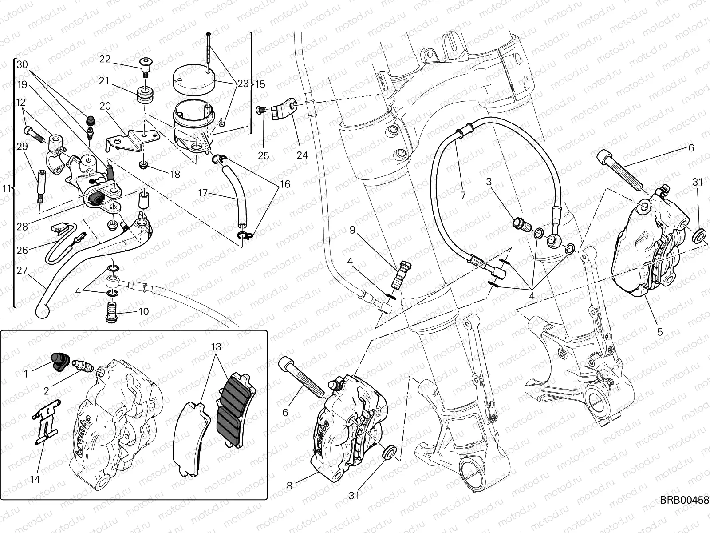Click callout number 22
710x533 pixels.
pyautogui.click(x=105, y=59)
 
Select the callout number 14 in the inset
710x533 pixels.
pyautogui.click(x=35, y=479)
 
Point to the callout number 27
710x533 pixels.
pyautogui.click(x=22, y=270)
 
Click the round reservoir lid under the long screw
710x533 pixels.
pyautogui.click(x=193, y=78)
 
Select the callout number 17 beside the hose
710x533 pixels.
pyautogui.click(x=203, y=193)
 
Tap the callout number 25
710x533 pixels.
pyautogui.click(x=264, y=156)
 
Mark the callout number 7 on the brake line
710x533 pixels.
pyautogui.click(x=463, y=195)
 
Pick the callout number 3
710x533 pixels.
pyautogui.click(x=489, y=181)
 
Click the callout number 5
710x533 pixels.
pyautogui.click(x=660, y=331)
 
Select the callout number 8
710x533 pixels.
pyautogui.click(x=289, y=486)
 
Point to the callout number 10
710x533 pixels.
pyautogui.click(x=143, y=312)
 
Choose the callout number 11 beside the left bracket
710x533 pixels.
pyautogui.click(x=6, y=189)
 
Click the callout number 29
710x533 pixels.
pyautogui.click(x=22, y=147)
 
